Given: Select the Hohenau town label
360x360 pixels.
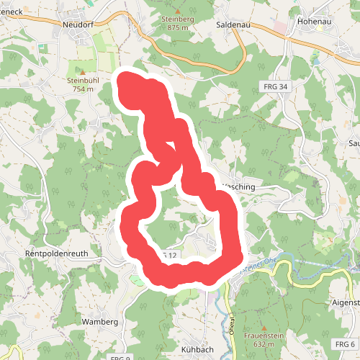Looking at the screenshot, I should click(x=314, y=21).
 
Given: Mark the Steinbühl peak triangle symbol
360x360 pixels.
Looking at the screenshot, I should click(x=82, y=73).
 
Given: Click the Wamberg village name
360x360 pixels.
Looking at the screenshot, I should click(x=99, y=321).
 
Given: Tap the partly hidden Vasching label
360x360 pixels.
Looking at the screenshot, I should click(x=240, y=186).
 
